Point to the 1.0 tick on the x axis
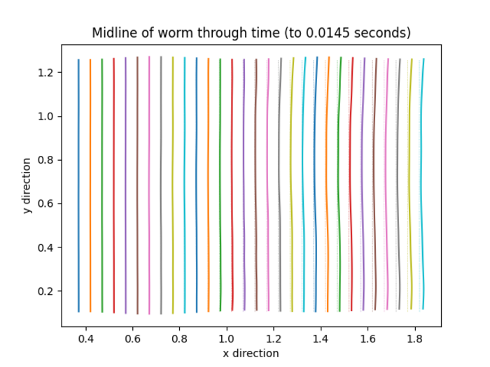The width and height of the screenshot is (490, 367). click(227, 326)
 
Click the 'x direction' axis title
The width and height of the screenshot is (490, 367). click(251, 353)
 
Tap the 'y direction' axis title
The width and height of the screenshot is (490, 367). click(27, 185)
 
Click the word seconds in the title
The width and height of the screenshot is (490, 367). click(378, 33)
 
